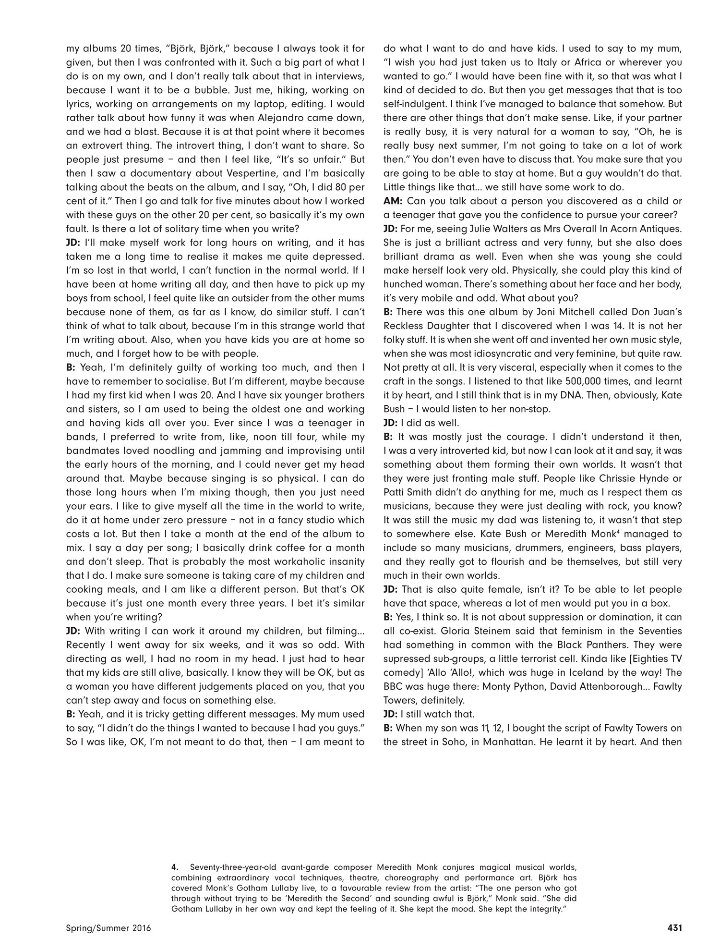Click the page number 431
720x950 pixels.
pos(674,928)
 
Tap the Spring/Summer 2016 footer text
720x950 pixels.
pos(108,928)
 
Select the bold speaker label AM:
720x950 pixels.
pos(393,201)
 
